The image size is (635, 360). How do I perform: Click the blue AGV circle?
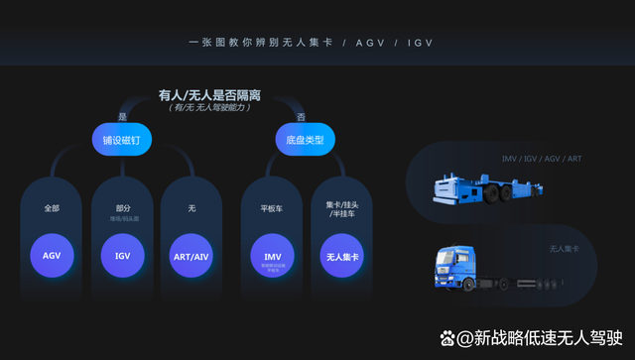(52, 255)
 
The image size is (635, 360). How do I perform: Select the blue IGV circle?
(122, 255)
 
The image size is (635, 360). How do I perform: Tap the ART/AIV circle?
(191, 255)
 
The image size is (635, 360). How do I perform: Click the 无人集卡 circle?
(341, 255)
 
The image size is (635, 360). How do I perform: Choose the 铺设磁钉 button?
(122, 141)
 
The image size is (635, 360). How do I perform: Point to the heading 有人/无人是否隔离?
(209, 95)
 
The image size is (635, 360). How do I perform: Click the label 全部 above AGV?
(52, 208)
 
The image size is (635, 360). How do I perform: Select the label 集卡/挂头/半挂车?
(341, 211)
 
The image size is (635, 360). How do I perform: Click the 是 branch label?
(122, 116)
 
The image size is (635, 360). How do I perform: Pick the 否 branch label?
(300, 116)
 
